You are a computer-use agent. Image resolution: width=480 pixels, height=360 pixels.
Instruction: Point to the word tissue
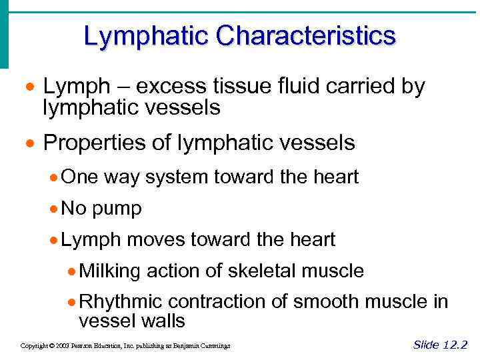click(223, 87)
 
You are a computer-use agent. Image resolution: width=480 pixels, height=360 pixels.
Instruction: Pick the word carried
click(350, 87)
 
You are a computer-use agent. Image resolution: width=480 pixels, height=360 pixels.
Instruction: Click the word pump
click(117, 209)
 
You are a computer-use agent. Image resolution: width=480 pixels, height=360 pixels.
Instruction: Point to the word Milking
click(109, 271)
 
